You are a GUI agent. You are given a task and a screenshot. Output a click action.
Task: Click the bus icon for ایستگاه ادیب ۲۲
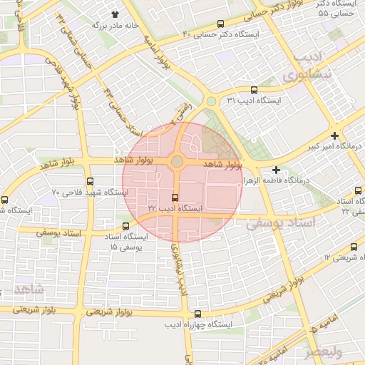pyautogui.click(x=175, y=197)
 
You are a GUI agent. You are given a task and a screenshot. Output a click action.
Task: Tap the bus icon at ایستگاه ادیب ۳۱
pyautogui.click(x=255, y=90)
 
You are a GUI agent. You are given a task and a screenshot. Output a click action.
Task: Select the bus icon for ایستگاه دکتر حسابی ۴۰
pyautogui.click(x=221, y=24)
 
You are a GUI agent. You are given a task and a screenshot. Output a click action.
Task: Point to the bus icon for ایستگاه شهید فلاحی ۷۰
pyautogui.click(x=89, y=182)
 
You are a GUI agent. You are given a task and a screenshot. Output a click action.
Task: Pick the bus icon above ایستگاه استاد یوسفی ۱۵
pyautogui.click(x=127, y=226)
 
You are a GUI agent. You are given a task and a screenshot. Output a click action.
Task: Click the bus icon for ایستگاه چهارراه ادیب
pyautogui.click(x=197, y=314)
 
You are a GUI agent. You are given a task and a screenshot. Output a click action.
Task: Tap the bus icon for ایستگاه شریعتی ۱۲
pyautogui.click(x=354, y=247)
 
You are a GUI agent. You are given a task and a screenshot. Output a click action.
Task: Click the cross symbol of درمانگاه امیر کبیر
pyautogui.click(x=334, y=135)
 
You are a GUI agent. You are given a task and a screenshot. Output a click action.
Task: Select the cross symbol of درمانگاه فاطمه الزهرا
pyautogui.click(x=276, y=170)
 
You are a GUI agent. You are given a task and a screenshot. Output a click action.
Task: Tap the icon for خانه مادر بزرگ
pyautogui.click(x=115, y=14)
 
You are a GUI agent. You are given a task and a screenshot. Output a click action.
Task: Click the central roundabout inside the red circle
pyautogui.click(x=176, y=162)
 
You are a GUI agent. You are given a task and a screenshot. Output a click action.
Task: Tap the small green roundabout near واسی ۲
pyautogui.click(x=211, y=102)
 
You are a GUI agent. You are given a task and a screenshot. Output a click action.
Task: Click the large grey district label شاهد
pyautogui.click(x=29, y=289)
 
